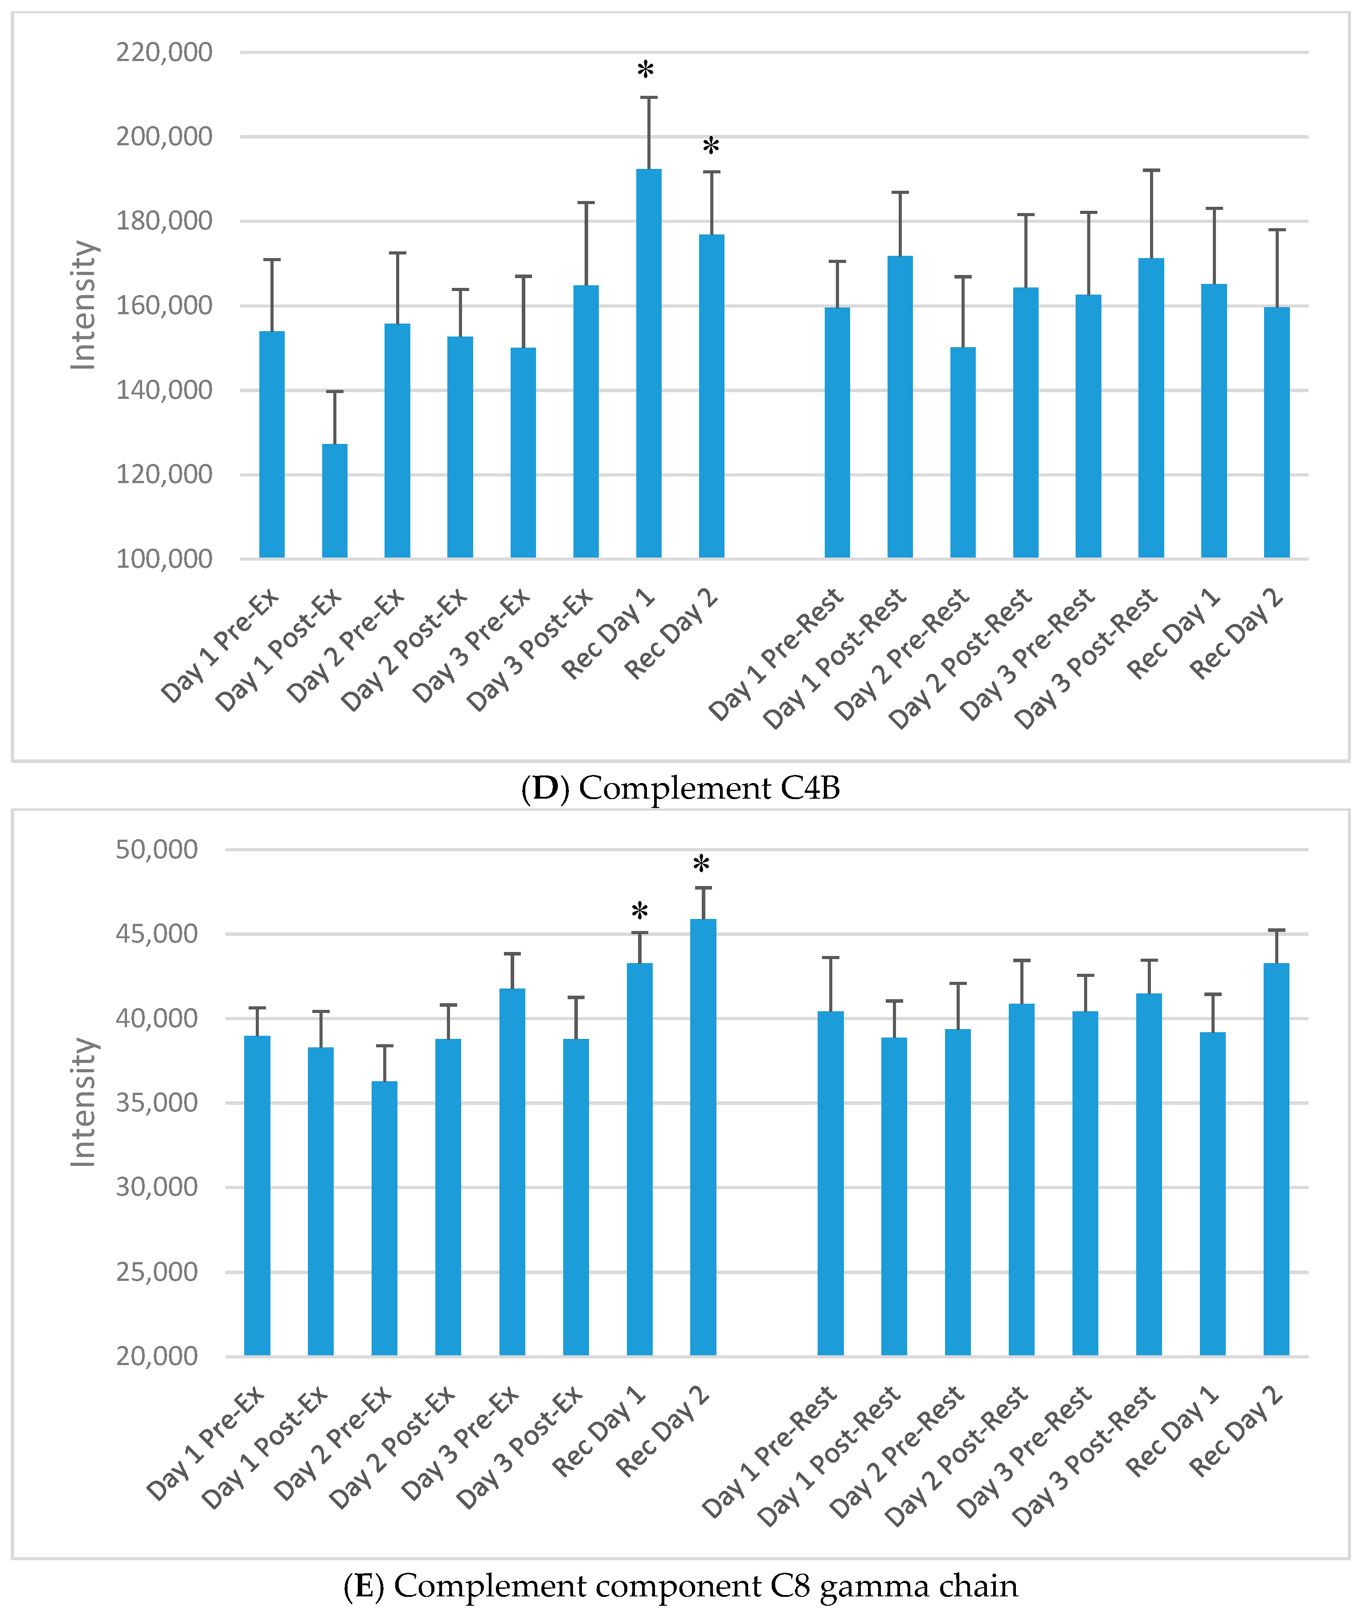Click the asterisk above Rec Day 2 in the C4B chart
pos(710,146)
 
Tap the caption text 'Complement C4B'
pos(709,788)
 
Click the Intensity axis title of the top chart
pos(83,305)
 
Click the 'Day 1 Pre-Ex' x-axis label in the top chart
pos(220,647)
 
